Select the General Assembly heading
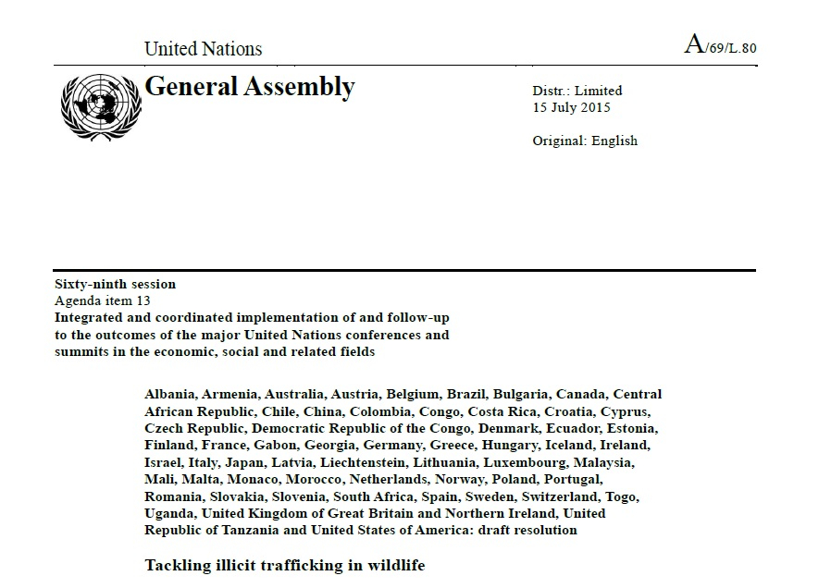250,87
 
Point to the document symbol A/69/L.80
720,46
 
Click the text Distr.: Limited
577,91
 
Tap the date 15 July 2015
571,107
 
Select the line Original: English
584,141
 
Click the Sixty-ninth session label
115,284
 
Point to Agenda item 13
102,300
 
